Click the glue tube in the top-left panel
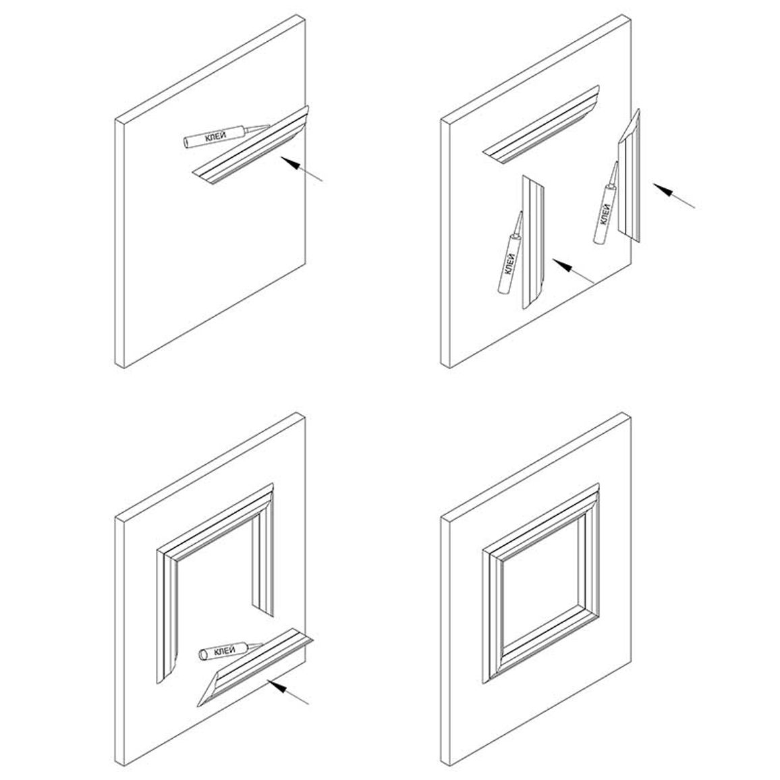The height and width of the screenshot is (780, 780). (x=226, y=136)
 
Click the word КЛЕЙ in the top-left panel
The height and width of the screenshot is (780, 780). (x=216, y=137)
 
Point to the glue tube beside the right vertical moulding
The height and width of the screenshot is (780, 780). (x=606, y=203)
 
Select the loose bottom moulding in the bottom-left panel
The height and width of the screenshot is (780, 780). (x=254, y=667)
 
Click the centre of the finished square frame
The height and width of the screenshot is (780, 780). (x=540, y=584)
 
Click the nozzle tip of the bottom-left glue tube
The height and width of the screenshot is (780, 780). (x=262, y=644)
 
